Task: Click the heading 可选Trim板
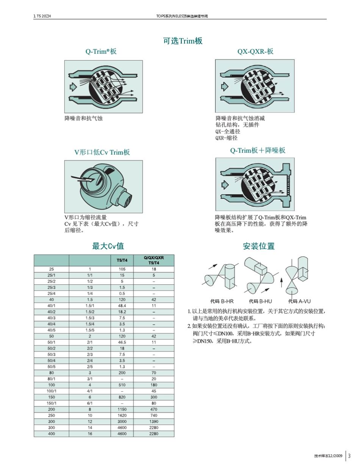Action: click(x=183, y=41)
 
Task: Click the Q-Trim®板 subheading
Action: click(x=101, y=52)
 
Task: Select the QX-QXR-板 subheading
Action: click(x=255, y=52)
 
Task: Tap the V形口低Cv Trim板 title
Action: click(x=102, y=152)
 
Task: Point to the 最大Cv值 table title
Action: click(x=108, y=246)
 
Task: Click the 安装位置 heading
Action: click(x=259, y=246)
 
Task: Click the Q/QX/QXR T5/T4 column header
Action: click(x=154, y=260)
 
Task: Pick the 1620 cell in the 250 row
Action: click(x=122, y=415)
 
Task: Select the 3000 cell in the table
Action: click(x=122, y=422)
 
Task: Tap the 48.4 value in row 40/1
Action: click(x=122, y=305)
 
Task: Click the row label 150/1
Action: click(x=52, y=403)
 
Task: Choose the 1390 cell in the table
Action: click(x=154, y=422)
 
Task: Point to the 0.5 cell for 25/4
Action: click(x=122, y=293)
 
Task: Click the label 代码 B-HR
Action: click(x=222, y=301)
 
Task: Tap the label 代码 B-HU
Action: click(x=260, y=301)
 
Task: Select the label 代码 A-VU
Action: click(x=299, y=301)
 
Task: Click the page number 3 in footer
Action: click(x=349, y=456)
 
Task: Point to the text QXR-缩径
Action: click(x=227, y=138)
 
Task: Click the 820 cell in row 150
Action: click(x=122, y=397)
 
